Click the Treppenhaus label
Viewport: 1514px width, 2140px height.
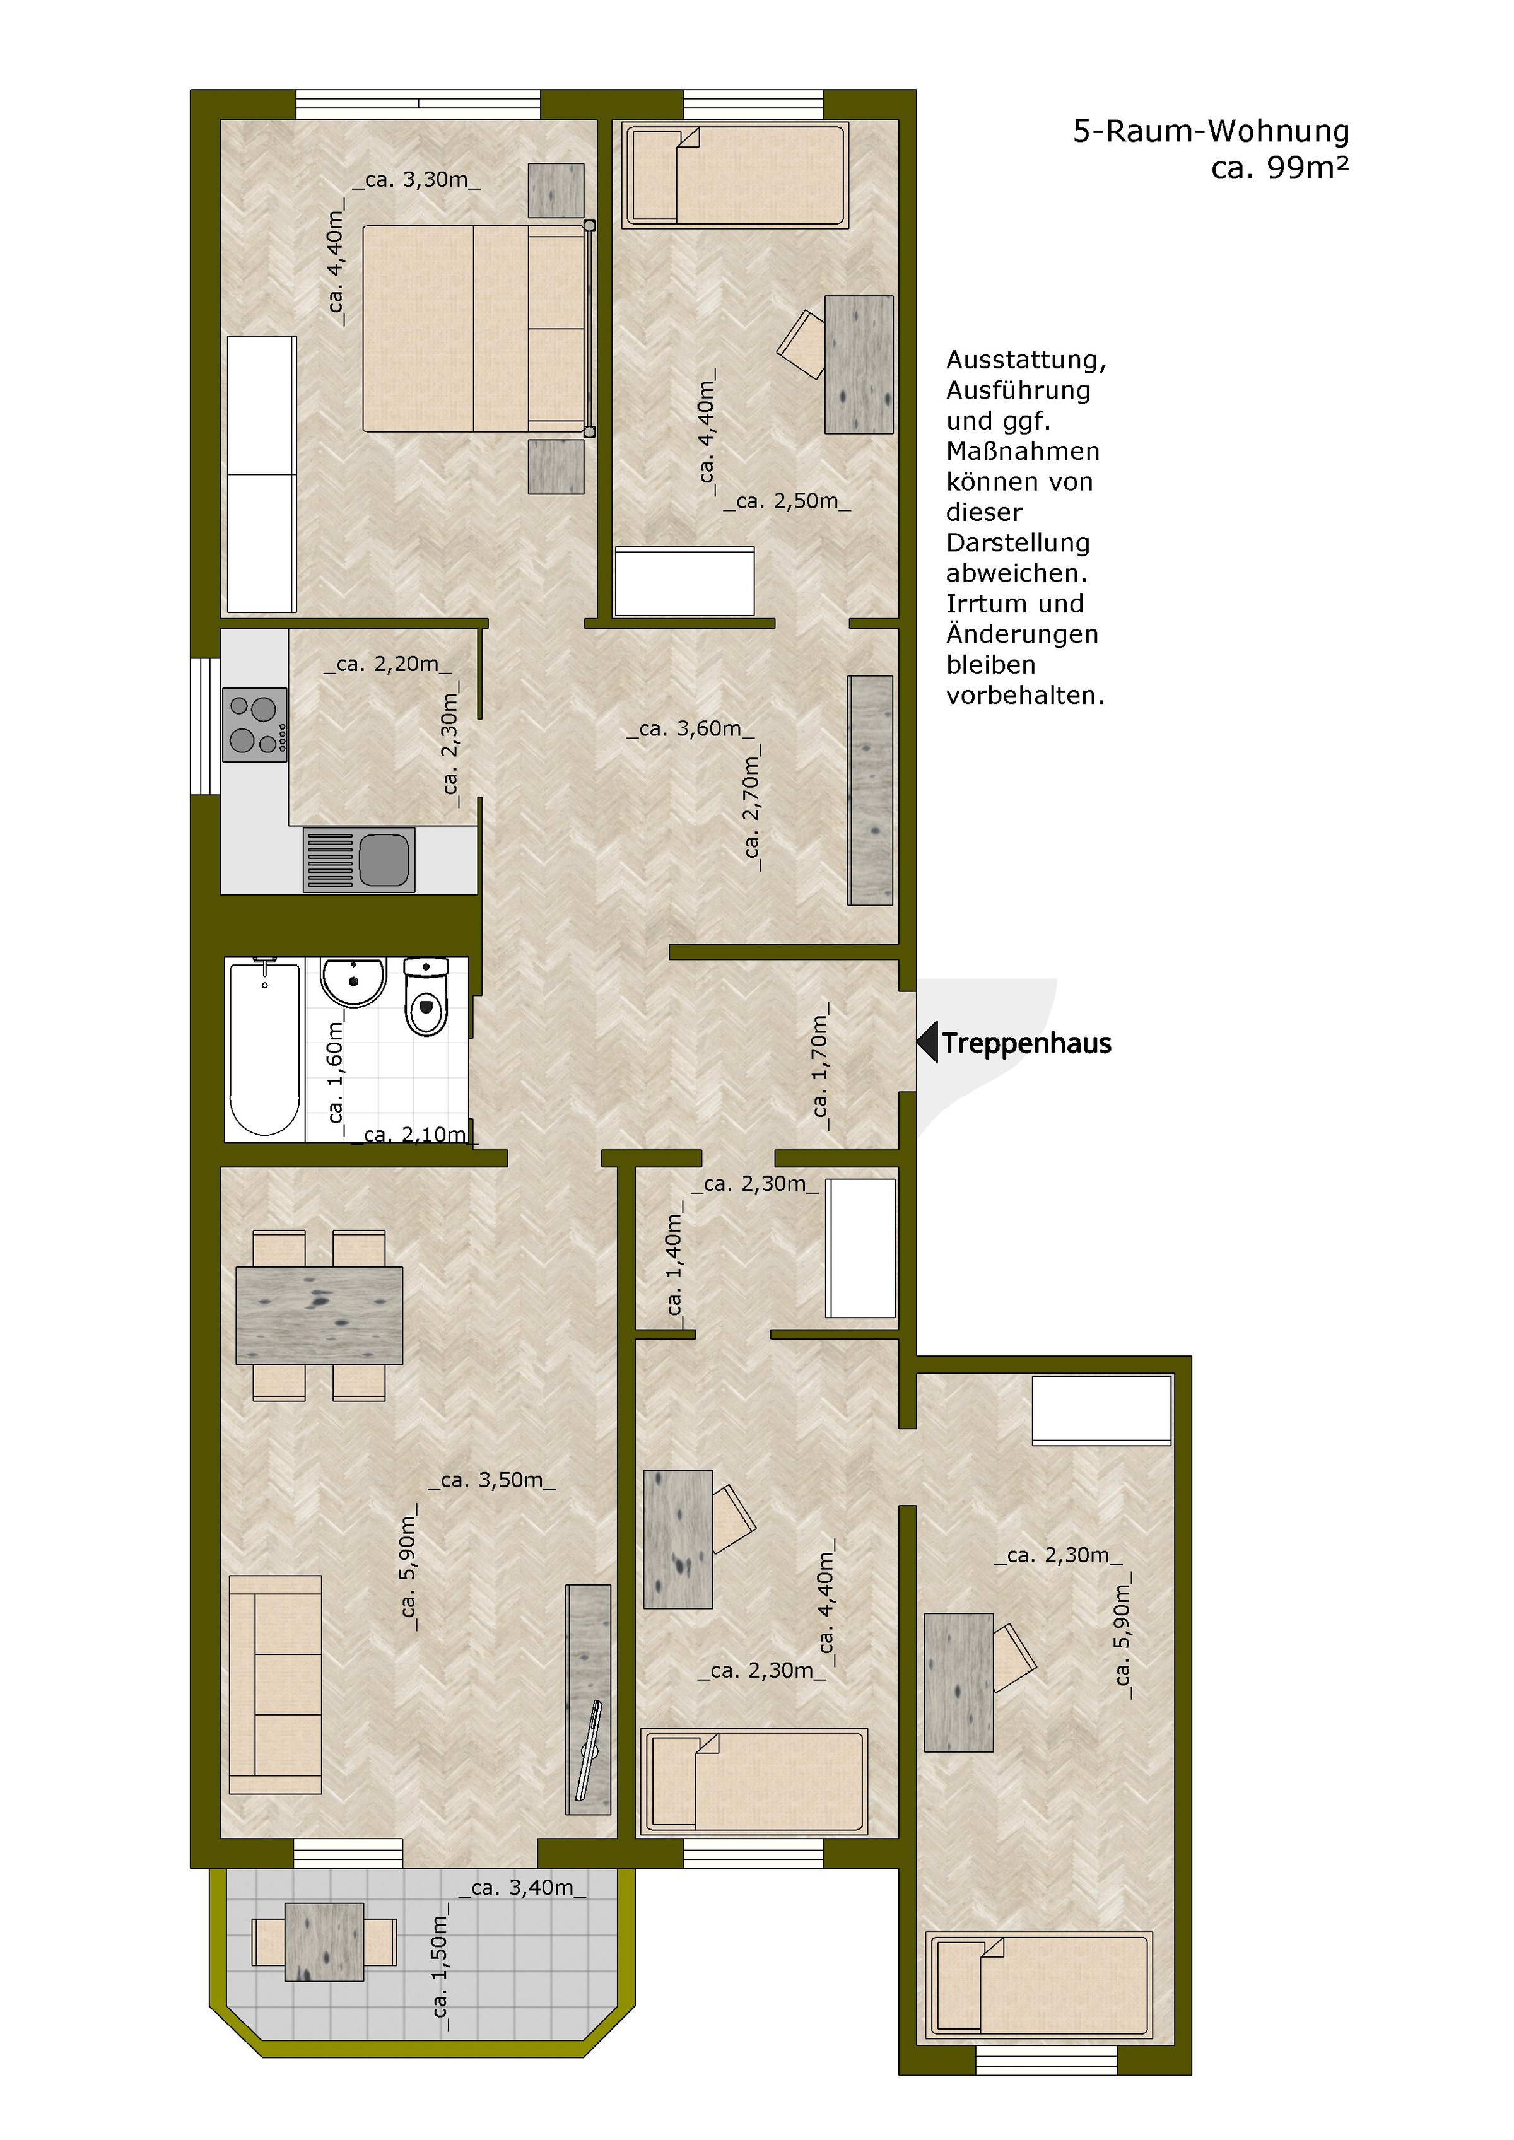[x=1026, y=1043]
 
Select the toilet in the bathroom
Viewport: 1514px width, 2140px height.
[x=426, y=998]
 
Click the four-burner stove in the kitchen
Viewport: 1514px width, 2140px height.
[x=254, y=724]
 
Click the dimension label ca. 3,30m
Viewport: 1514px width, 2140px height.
[x=416, y=180]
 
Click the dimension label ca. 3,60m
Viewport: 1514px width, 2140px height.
[x=690, y=729]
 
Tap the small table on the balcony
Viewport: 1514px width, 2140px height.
[x=324, y=1941]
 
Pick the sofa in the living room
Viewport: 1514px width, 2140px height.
[x=275, y=1684]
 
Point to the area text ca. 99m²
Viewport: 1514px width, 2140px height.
[x=1279, y=168]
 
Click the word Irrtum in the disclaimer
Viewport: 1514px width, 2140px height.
[x=987, y=604]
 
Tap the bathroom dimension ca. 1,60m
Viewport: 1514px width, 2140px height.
[x=336, y=1072]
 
